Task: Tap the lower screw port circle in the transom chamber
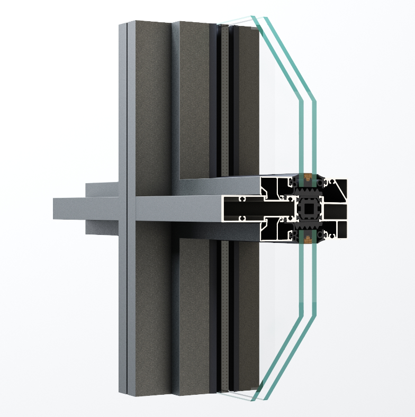[x=241, y=217]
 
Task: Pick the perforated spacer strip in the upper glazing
[x=225, y=101]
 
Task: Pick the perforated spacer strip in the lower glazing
[x=225, y=318]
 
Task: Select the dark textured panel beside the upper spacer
[x=245, y=101]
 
